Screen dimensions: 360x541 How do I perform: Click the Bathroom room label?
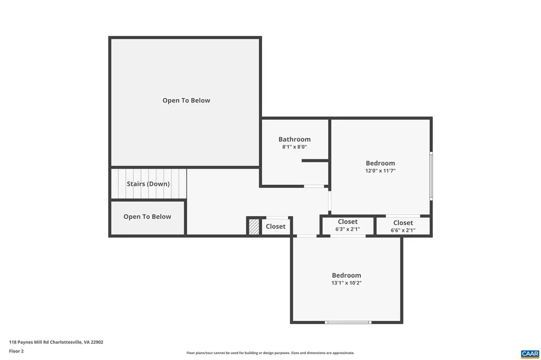coord(294,139)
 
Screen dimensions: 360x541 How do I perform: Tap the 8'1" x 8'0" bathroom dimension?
coord(294,147)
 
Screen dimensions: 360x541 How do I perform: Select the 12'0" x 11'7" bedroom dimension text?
coord(380,171)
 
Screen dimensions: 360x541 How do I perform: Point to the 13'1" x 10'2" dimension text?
coord(347,283)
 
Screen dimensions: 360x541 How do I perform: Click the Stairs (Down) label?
coord(148,184)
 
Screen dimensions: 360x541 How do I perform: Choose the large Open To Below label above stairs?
coord(186,100)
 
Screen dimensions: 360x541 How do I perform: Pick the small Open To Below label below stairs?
coord(147,216)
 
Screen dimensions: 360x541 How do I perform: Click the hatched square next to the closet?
coord(254,226)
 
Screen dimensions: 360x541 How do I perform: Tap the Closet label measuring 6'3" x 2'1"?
coord(347,222)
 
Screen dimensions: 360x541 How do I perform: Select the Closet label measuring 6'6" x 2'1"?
coord(403,223)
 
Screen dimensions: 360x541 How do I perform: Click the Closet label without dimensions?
coord(275,226)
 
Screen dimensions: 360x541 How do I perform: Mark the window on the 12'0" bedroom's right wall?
coord(431,176)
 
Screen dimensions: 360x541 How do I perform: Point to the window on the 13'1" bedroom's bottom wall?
coord(348,322)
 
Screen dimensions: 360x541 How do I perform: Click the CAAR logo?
coord(529,353)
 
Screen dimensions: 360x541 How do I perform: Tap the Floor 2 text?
coord(16,350)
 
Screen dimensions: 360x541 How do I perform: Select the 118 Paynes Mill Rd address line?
coord(56,342)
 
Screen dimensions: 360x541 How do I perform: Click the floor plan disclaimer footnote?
coord(270,353)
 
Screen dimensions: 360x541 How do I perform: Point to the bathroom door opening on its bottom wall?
coord(314,186)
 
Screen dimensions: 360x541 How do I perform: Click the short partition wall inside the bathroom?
coord(315,160)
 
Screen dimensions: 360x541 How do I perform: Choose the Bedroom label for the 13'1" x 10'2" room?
coord(347,275)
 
